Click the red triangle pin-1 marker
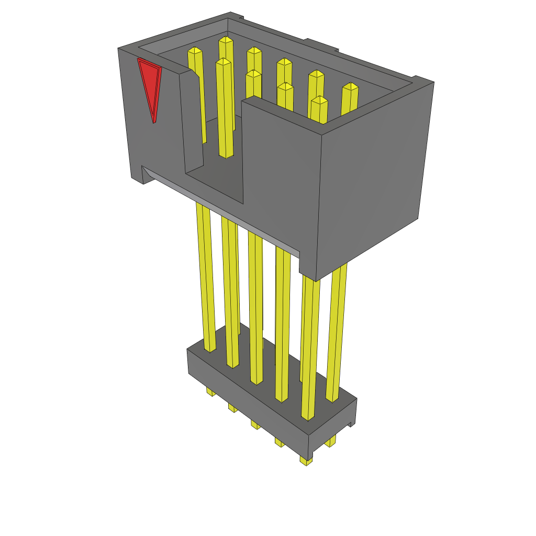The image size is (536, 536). [150, 86]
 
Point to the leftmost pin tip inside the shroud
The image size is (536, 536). [195, 52]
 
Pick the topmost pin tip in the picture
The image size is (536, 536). [226, 40]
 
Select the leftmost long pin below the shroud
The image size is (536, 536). [206, 277]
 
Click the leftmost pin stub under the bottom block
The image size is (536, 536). [210, 392]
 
